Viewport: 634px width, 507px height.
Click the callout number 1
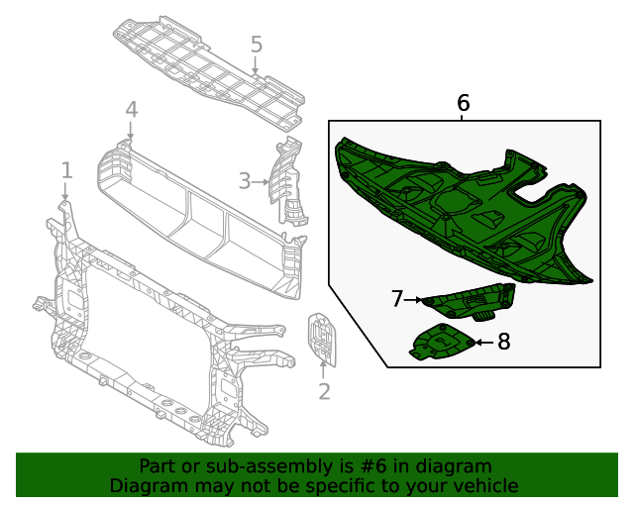(66, 170)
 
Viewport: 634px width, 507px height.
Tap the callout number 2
(324, 392)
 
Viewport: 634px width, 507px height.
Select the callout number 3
(245, 180)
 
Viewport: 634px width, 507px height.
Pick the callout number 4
(131, 110)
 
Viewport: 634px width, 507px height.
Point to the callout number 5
(257, 45)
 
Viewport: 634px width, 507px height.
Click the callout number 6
(463, 103)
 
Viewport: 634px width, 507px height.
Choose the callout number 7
(397, 298)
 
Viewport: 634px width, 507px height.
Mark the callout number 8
(503, 342)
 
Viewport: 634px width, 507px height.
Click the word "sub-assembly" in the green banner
(258, 466)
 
